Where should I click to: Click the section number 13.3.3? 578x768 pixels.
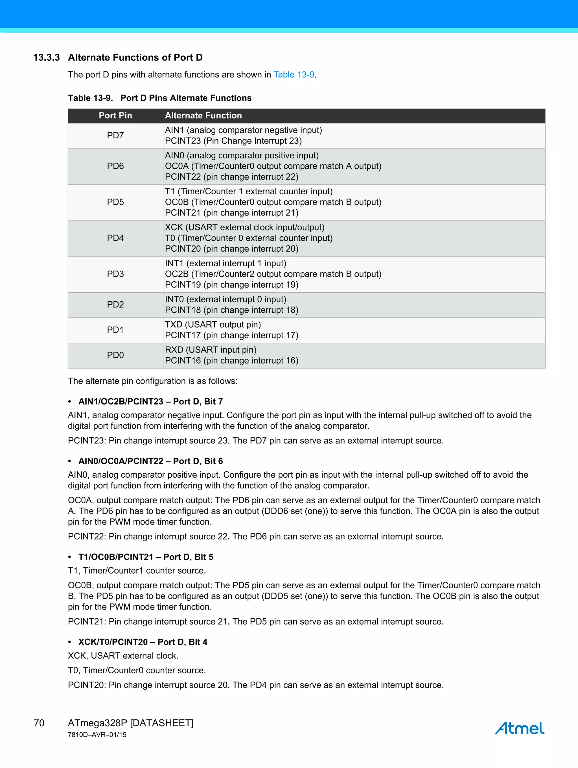[47, 57]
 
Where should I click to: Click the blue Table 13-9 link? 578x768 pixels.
[294, 75]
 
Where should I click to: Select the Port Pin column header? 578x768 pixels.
[115, 116]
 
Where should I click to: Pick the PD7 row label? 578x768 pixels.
[115, 135]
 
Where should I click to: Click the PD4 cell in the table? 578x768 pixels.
[115, 238]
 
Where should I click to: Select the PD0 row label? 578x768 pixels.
[115, 355]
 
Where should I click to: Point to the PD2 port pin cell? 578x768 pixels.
[115, 304]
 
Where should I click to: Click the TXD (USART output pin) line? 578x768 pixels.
[213, 325]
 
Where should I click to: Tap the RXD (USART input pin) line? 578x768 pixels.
[211, 350]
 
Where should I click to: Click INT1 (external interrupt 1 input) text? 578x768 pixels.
[225, 264]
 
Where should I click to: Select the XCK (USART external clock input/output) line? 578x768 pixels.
[245, 227]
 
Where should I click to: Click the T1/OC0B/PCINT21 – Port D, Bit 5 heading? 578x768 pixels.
[146, 557]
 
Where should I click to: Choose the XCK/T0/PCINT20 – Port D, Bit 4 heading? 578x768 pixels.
[143, 642]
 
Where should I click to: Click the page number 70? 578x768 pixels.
[39, 723]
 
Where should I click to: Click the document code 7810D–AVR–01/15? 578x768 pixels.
[97, 735]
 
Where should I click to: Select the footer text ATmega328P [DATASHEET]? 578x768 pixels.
[130, 723]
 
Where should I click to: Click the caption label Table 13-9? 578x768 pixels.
[90, 98]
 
